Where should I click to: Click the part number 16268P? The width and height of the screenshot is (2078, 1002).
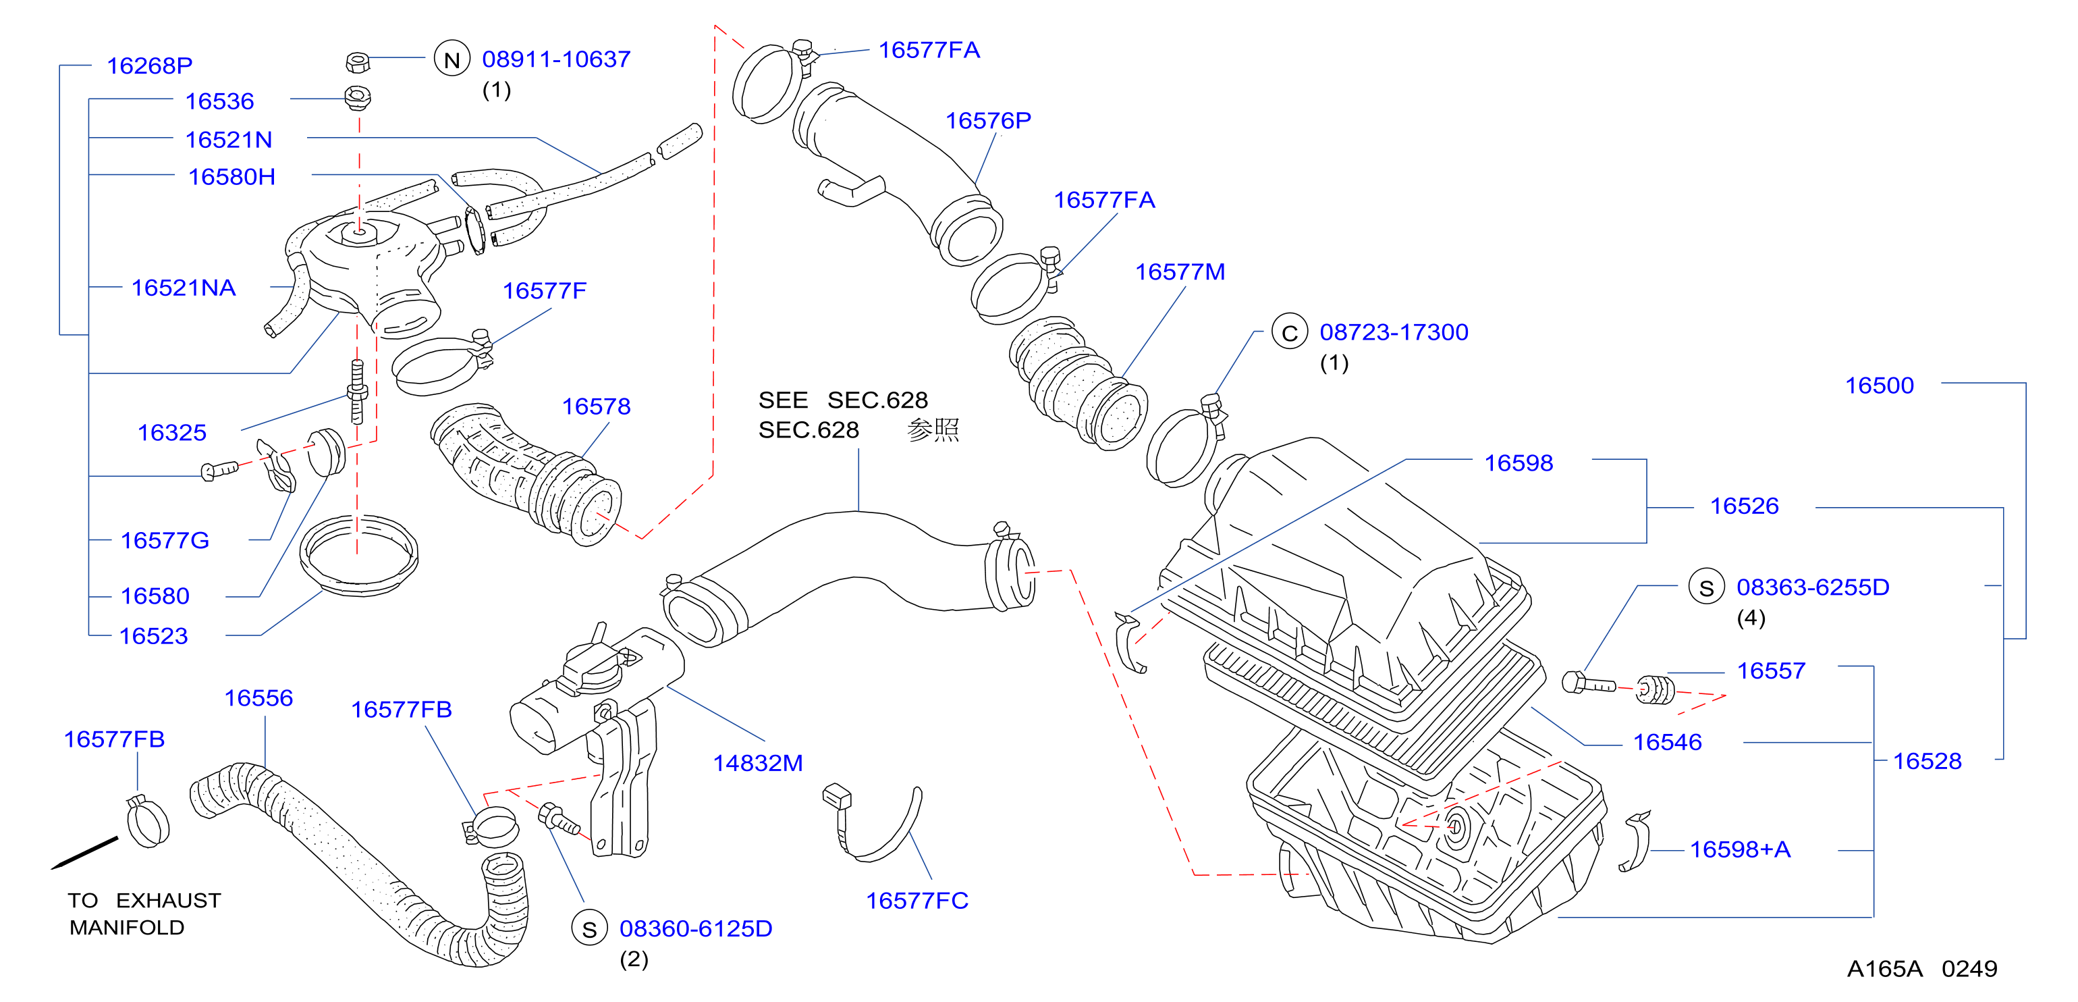pyautogui.click(x=149, y=65)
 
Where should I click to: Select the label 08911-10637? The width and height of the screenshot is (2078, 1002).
pyautogui.click(x=556, y=59)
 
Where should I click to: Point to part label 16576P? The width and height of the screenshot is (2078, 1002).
pyautogui.click(x=988, y=120)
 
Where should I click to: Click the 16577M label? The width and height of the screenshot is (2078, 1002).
pyautogui.click(x=1180, y=272)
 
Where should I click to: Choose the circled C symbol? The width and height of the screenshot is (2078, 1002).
pyautogui.click(x=1289, y=332)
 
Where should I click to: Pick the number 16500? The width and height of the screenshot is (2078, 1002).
pyautogui.click(x=1880, y=386)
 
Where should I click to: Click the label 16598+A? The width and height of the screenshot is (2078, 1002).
pyautogui.click(x=1740, y=849)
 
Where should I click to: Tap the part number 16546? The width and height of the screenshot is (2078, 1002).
pyautogui.click(x=1668, y=742)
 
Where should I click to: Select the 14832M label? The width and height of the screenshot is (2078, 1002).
pyautogui.click(x=757, y=763)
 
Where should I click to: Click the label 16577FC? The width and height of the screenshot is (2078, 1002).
pyautogui.click(x=917, y=900)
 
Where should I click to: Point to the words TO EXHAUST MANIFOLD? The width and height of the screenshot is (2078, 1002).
pyautogui.click(x=144, y=914)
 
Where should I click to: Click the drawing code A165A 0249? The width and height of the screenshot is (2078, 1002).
pyautogui.click(x=1922, y=969)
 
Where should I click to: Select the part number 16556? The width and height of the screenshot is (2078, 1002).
pyautogui.click(x=258, y=698)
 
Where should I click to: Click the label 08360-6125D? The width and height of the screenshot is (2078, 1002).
pyautogui.click(x=695, y=928)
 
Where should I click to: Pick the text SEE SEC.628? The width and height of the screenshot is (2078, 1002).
pyautogui.click(x=843, y=400)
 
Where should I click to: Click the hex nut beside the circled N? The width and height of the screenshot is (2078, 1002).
pyautogui.click(x=358, y=62)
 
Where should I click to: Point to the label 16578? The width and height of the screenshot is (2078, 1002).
pyautogui.click(x=596, y=406)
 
